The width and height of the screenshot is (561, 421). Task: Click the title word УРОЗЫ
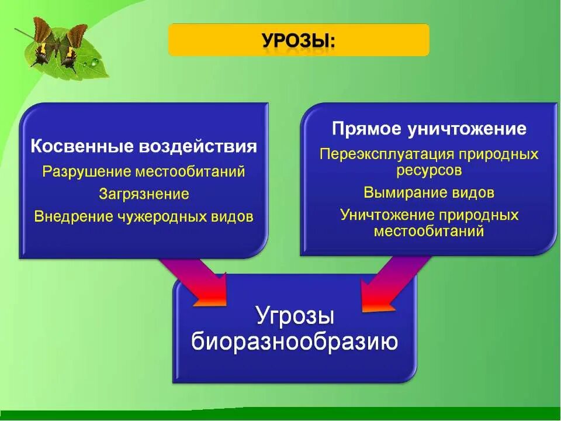[298, 42]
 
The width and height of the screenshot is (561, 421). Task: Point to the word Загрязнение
[144, 194]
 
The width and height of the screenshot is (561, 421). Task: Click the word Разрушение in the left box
[87, 172]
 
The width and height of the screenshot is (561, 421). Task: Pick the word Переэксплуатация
[387, 154]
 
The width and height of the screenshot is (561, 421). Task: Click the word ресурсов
[429, 170]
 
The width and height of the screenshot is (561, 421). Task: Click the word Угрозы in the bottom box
[295, 316]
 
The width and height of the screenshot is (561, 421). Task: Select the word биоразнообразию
[295, 341]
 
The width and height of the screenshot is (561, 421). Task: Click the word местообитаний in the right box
[429, 230]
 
